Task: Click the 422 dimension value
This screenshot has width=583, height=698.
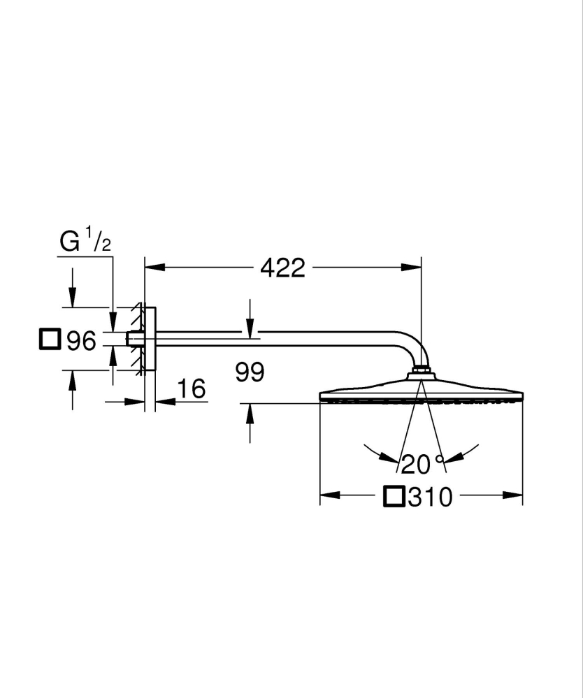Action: point(282,267)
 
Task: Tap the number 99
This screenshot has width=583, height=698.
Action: point(250,372)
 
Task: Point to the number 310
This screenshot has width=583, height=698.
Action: point(431,497)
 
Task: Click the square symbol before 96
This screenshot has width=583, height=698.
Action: point(50,340)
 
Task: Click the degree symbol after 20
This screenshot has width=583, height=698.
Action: point(439,459)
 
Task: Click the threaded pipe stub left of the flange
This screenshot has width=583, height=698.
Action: point(131,339)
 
